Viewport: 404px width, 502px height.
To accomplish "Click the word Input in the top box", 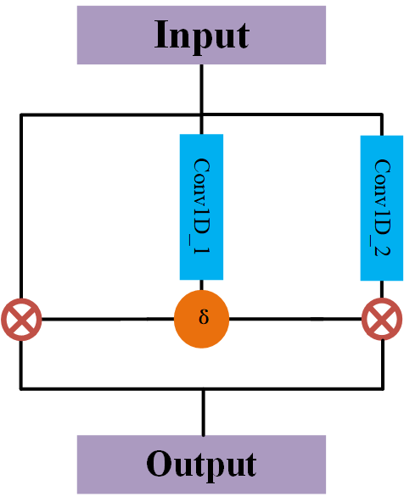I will click(x=201, y=36).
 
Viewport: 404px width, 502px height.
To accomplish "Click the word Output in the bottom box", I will click(x=201, y=464).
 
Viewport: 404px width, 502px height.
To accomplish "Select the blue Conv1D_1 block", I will click(x=201, y=206).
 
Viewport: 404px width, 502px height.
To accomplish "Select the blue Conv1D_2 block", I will click(x=381, y=208).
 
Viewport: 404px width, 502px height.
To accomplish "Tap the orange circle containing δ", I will click(x=202, y=320).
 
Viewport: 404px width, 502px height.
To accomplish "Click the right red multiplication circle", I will click(x=382, y=320).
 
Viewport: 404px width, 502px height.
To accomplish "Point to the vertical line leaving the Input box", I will click(x=201, y=89).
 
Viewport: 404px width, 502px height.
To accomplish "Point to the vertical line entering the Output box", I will click(x=202, y=412).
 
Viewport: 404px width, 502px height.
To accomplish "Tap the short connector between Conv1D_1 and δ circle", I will click(x=202, y=286).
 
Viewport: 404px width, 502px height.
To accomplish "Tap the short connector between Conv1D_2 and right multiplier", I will click(x=382, y=289).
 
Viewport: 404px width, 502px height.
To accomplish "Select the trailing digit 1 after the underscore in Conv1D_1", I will click(x=202, y=252).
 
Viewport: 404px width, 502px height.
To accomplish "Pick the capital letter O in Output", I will click(x=160, y=464).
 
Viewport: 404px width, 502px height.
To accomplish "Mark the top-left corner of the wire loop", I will click(x=20, y=115).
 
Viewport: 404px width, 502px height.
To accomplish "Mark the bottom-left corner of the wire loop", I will click(x=20, y=388).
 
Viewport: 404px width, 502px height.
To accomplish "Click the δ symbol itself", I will click(x=203, y=320).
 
